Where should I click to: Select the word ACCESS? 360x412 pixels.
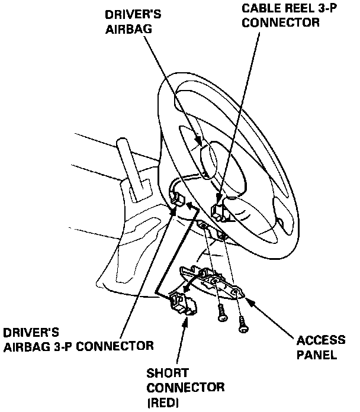320,340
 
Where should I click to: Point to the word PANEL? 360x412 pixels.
317,356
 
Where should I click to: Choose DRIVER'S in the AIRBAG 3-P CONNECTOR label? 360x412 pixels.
28,331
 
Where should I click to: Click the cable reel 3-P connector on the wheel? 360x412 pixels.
218,210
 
